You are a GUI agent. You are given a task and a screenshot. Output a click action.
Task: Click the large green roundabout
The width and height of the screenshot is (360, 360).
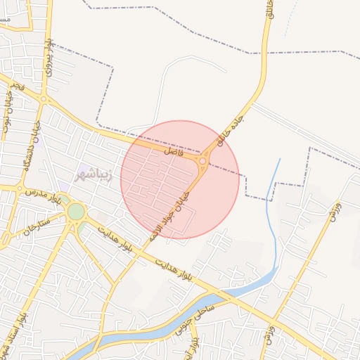tap(75, 211)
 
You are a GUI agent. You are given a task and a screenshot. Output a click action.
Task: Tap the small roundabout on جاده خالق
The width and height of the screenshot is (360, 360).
tap(202, 162)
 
